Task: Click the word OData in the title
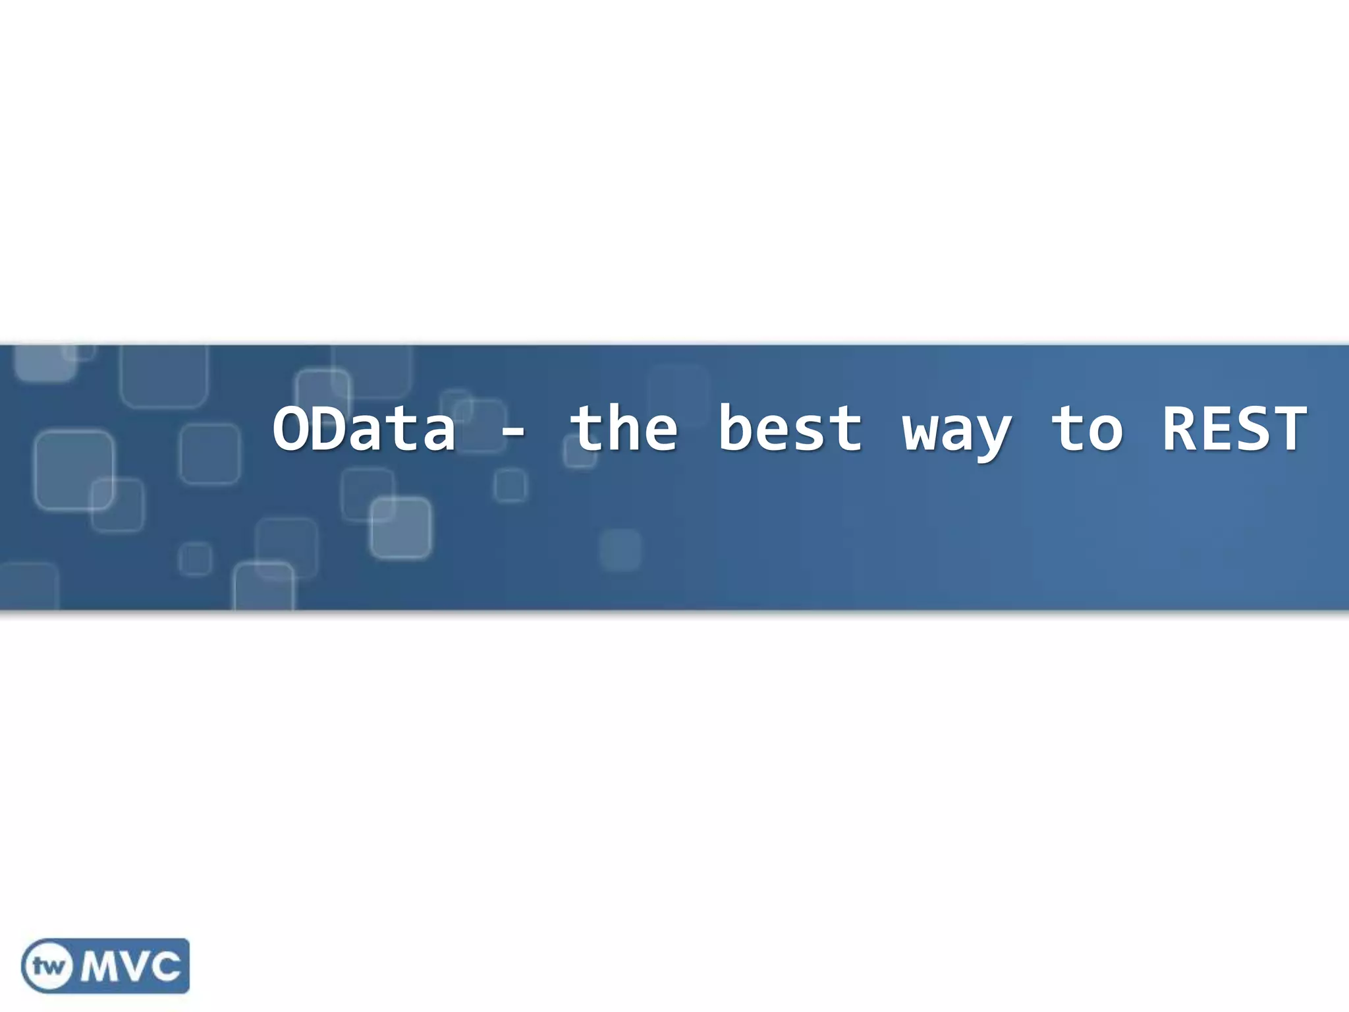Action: click(364, 429)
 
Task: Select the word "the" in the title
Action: click(624, 429)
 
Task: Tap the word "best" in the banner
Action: click(790, 429)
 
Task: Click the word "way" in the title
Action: click(956, 435)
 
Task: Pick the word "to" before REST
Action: click(1086, 430)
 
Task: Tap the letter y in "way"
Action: click(994, 437)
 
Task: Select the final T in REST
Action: click(1290, 429)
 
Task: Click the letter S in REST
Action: click(1253, 429)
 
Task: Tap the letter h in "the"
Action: click(624, 429)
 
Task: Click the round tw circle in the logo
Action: click(48, 966)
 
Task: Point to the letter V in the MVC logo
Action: click(137, 967)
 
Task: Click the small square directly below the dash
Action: click(510, 486)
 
